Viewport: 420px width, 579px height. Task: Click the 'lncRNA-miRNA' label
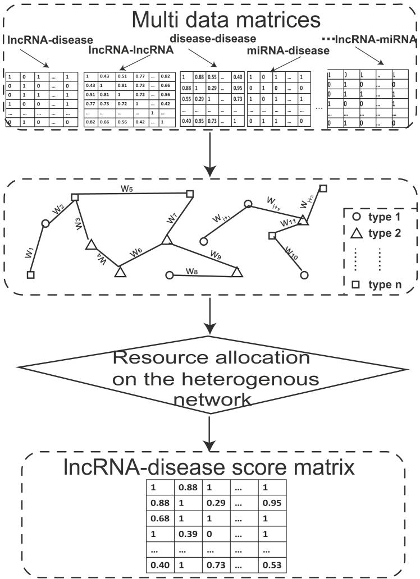[373, 39]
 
